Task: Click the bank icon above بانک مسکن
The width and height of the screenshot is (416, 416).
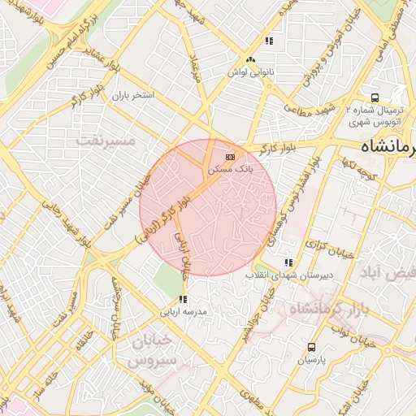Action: coord(230,155)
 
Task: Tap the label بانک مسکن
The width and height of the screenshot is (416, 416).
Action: coord(231,169)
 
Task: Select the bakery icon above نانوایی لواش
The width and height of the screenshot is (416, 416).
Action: coord(251,59)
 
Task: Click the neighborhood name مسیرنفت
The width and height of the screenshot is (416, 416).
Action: coord(105,141)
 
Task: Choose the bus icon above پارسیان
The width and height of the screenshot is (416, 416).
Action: coord(311,346)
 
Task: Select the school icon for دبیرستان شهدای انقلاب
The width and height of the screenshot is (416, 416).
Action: coord(288,262)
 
